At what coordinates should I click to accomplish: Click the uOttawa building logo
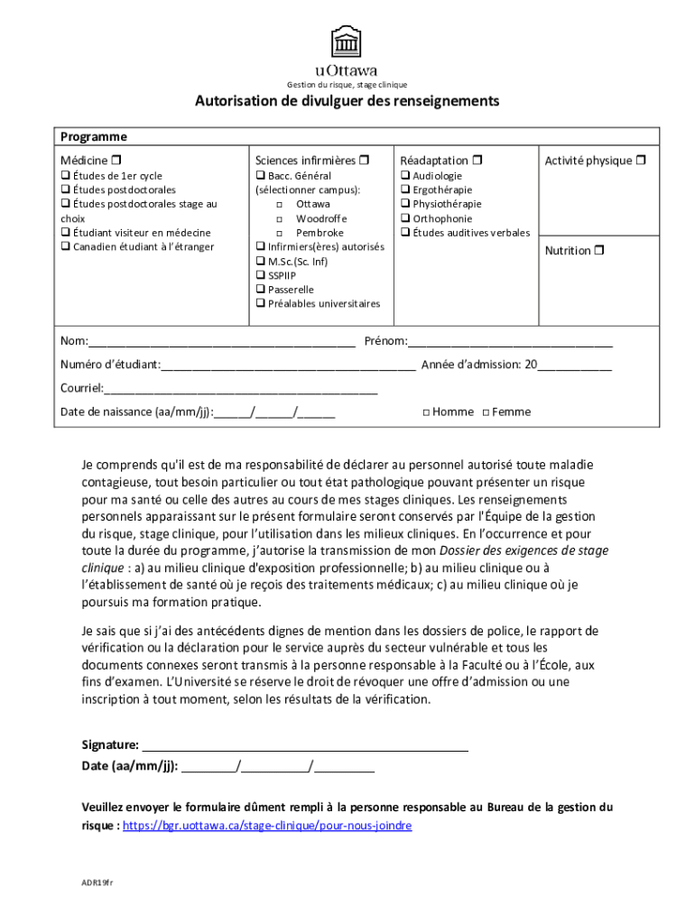point(347,42)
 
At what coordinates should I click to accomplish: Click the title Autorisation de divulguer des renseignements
point(347,101)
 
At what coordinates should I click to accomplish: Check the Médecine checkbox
point(116,161)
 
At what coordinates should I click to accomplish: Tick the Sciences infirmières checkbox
point(364,161)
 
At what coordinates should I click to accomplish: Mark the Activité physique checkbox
point(640,161)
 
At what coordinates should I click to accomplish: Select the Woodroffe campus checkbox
point(280,218)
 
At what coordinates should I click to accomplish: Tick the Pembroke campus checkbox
point(280,233)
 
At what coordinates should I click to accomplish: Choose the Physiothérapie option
point(405,204)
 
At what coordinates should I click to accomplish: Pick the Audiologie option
point(405,175)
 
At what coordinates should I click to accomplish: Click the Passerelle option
point(260,290)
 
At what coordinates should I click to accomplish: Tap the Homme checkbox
point(426,412)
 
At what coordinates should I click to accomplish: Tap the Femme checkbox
point(486,412)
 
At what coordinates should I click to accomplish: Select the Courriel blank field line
point(240,391)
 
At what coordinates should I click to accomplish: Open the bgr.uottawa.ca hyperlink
point(267,826)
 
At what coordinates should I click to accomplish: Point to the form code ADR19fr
point(95,881)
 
